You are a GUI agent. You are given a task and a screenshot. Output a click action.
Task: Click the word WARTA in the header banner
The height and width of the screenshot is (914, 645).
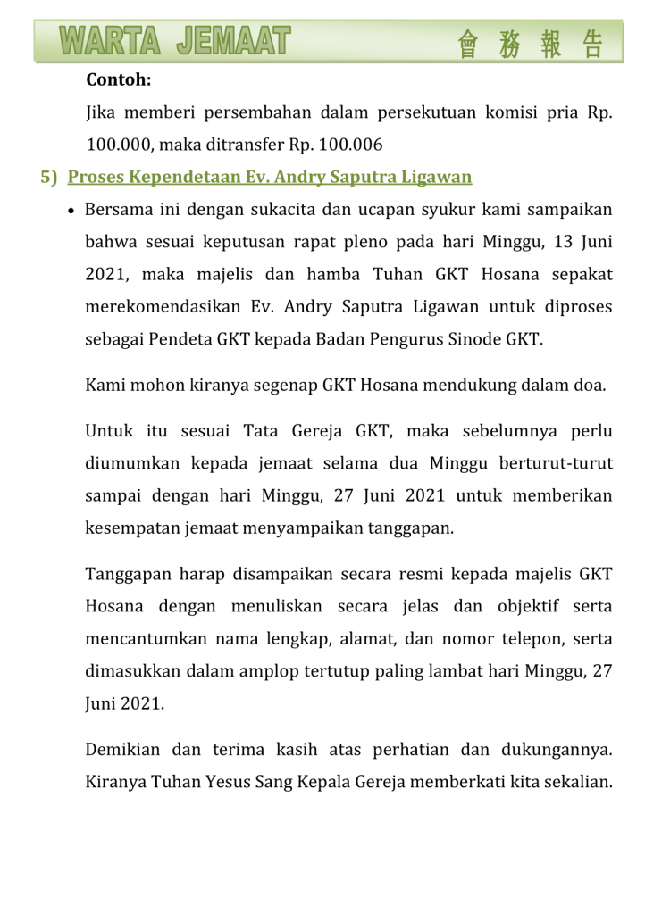110,41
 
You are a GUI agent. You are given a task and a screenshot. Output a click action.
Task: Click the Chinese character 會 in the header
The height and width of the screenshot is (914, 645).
468,44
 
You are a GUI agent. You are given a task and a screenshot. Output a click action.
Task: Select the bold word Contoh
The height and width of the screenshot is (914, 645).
118,80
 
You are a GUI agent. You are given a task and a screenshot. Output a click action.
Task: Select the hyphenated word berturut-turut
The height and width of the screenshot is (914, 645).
557,463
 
